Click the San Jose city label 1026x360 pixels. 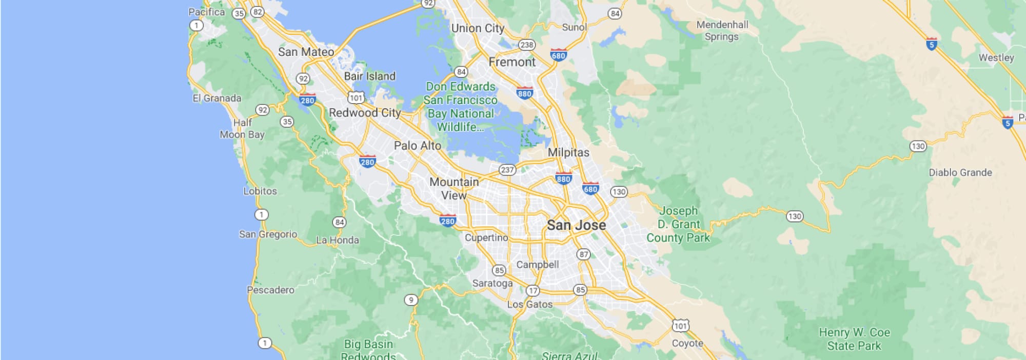(x=576, y=225)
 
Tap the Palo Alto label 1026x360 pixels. (x=417, y=146)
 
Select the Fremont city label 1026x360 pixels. (x=511, y=62)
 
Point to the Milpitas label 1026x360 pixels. (x=568, y=152)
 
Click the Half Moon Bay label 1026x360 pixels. (x=242, y=129)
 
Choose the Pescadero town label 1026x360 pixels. (x=270, y=290)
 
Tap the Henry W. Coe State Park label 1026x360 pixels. (x=854, y=339)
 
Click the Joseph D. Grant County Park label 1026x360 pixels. (x=678, y=224)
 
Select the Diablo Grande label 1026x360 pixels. (x=960, y=172)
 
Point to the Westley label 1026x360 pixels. (x=996, y=57)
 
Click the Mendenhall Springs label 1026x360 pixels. (x=722, y=30)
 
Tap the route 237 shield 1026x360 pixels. (x=507, y=170)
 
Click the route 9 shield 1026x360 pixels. (x=410, y=300)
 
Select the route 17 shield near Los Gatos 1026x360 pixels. (x=533, y=291)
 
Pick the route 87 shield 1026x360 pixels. (x=583, y=254)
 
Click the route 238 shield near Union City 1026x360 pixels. (x=527, y=45)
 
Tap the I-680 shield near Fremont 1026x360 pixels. (x=558, y=55)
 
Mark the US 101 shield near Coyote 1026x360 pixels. (x=680, y=325)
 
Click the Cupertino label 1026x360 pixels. (x=486, y=238)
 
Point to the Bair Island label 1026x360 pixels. (x=369, y=76)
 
